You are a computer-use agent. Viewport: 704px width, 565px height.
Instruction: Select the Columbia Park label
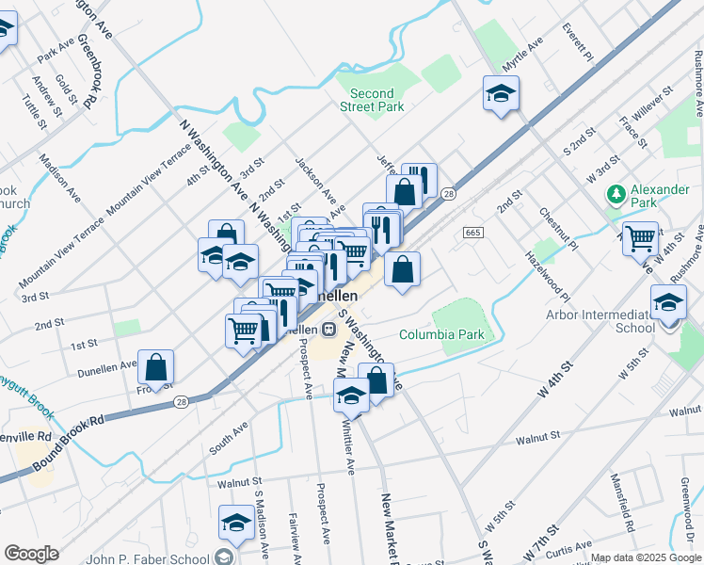coord(434,334)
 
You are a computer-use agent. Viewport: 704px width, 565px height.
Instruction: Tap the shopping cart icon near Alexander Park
coord(640,238)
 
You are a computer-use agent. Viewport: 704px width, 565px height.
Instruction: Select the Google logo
coord(31,554)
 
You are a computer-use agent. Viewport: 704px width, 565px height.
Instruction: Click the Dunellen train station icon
coord(328,329)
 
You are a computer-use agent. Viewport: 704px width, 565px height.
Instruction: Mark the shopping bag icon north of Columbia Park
coord(402,270)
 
